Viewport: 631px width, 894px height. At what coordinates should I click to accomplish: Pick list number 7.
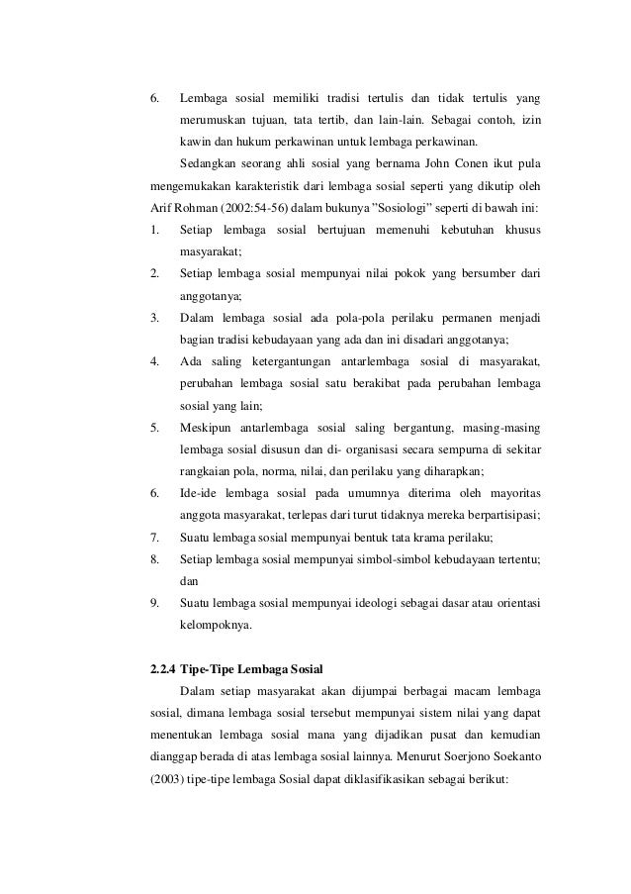point(154,538)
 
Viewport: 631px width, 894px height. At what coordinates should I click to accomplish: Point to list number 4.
point(154,360)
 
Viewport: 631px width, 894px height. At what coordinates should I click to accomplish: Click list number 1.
point(154,231)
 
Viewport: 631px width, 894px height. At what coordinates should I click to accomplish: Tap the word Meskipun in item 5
point(208,427)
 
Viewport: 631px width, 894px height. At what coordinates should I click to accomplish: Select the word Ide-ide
point(198,493)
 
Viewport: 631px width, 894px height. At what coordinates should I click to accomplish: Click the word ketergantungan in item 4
point(287,360)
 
